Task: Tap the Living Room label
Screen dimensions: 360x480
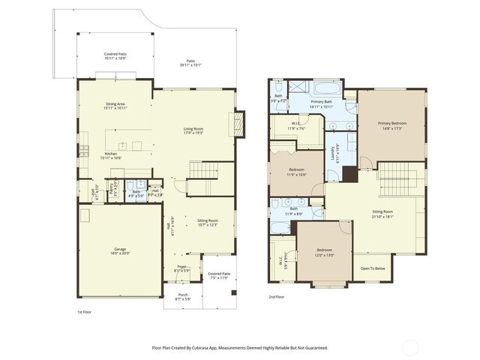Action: click(193, 128)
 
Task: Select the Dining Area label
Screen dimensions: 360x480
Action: click(116, 104)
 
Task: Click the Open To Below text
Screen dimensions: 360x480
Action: click(373, 268)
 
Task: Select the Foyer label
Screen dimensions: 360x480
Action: click(181, 266)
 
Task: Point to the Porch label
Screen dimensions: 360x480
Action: click(183, 295)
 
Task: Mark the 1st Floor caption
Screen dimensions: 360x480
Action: click(85, 311)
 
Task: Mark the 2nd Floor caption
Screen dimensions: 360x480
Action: click(277, 296)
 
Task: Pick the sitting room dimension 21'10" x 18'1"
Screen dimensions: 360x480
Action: click(382, 216)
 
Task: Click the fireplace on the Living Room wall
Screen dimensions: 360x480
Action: click(240, 123)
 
